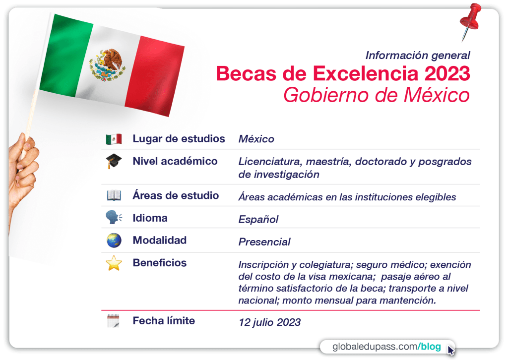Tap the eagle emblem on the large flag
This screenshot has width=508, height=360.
click(107, 65)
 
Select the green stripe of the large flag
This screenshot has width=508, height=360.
click(66, 55)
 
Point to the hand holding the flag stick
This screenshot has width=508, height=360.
click(23, 175)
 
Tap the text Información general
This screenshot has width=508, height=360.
click(418, 56)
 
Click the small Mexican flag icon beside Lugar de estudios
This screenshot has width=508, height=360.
click(114, 139)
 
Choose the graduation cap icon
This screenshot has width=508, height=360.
click(114, 161)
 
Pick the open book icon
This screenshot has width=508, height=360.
click(114, 195)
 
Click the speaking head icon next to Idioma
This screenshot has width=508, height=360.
click(114, 217)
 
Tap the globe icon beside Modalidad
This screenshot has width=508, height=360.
click(114, 240)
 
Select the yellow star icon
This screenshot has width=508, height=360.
click(114, 263)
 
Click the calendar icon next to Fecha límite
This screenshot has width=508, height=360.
click(114, 321)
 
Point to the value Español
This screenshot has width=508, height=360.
click(258, 220)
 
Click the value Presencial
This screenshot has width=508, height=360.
click(264, 242)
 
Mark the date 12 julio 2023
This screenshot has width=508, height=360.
click(269, 322)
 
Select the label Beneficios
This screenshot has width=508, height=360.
click(160, 263)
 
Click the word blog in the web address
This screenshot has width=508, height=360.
click(431, 347)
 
